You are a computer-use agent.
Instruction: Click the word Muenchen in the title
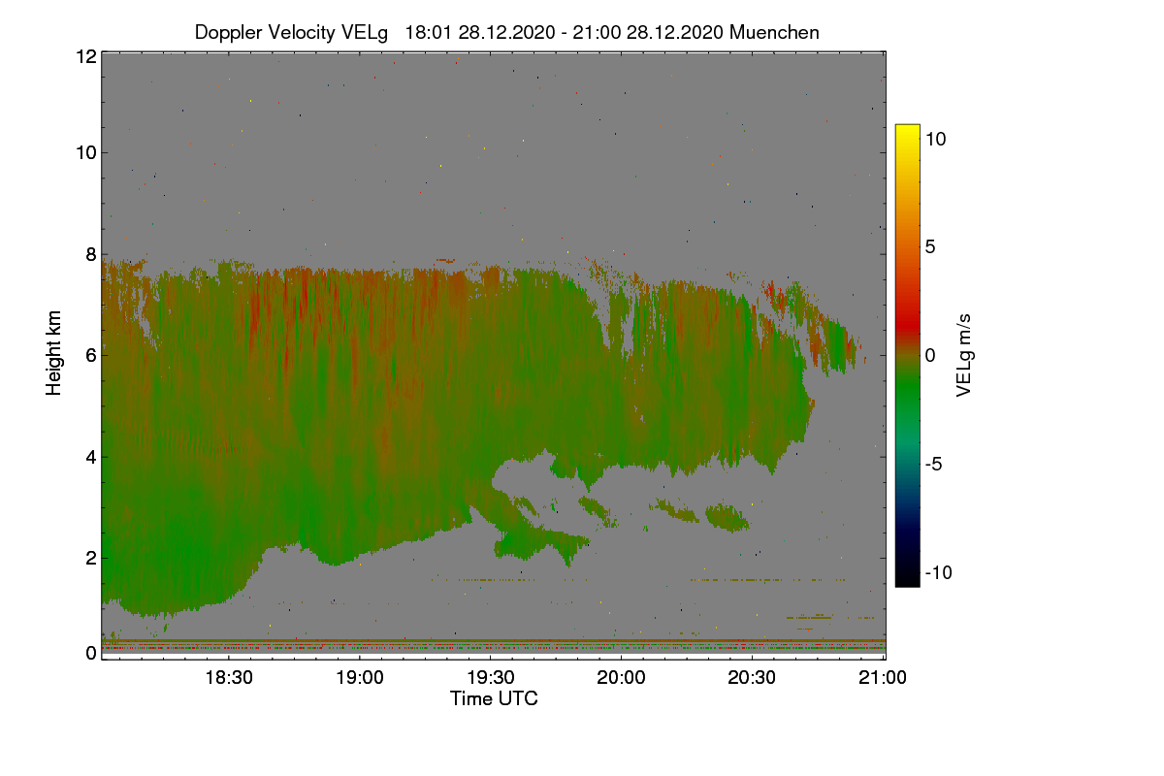point(774,32)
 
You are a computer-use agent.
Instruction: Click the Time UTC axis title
point(494,698)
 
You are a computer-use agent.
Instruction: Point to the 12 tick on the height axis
point(85,56)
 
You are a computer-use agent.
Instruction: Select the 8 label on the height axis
point(90,255)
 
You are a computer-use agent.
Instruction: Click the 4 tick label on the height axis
point(90,457)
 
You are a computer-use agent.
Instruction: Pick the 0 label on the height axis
point(90,653)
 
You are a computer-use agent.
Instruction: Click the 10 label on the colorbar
point(935,139)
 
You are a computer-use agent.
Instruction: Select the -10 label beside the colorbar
point(938,572)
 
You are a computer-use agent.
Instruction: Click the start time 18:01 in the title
point(428,32)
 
